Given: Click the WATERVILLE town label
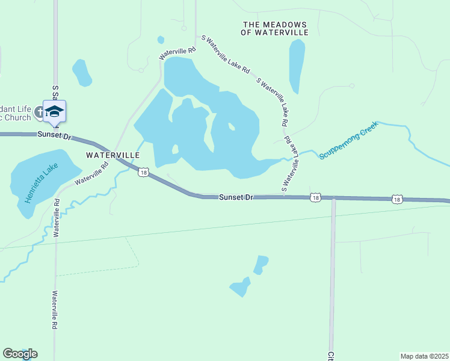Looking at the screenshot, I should [x=113, y=155].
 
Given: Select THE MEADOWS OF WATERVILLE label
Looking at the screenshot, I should [x=274, y=28].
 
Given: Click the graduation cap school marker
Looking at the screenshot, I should [x=55, y=111].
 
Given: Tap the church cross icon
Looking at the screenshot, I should [x=39, y=111].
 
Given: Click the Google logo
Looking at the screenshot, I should [x=20, y=354].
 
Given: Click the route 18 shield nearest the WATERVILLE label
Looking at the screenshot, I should [x=143, y=173].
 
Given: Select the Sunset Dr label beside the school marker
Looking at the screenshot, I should [x=54, y=135].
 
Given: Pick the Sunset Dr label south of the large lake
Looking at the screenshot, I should [x=234, y=197].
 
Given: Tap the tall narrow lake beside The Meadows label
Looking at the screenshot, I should [x=297, y=66].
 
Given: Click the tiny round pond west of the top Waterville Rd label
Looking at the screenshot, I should [x=161, y=40].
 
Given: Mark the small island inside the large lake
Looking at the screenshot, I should [x=231, y=126].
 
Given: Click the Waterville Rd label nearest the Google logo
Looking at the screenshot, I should [x=54, y=310].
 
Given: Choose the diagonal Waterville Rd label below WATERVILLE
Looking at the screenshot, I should [x=91, y=172].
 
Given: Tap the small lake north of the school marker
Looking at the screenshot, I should [x=81, y=72].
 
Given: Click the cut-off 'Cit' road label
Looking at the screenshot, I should [x=330, y=356].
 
